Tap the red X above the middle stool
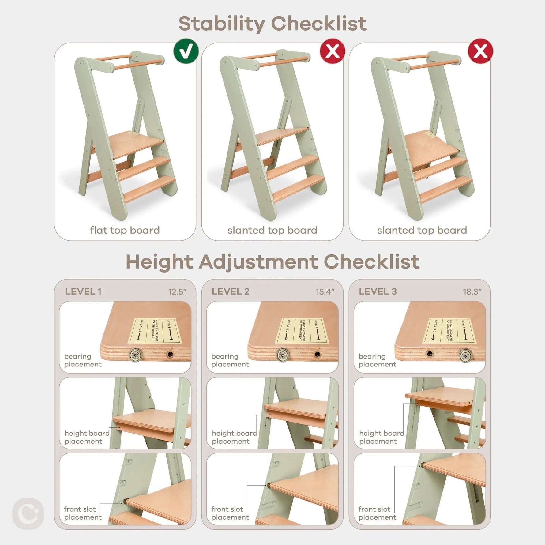[x=333, y=51]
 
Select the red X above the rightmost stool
[x=480, y=51]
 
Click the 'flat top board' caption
[x=125, y=230]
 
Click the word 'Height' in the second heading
[x=159, y=262]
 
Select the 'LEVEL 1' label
[x=83, y=291]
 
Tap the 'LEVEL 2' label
[x=230, y=291]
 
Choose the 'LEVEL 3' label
[x=378, y=291]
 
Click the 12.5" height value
[x=177, y=292]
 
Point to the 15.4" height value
[x=325, y=292]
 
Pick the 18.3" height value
[x=472, y=292]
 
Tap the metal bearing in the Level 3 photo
[x=465, y=355]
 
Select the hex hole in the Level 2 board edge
[x=318, y=354]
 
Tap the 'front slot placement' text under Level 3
[x=377, y=513]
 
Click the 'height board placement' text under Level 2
[x=234, y=437]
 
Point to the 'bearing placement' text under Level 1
[x=83, y=360]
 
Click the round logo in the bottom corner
[x=28, y=513]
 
